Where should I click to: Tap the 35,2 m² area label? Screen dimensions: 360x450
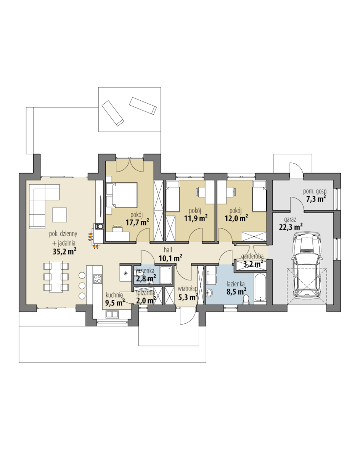64,251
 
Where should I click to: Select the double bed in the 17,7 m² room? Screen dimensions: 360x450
121,195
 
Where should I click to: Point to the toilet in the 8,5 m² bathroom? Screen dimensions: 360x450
246,300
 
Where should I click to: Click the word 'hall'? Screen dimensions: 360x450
168,250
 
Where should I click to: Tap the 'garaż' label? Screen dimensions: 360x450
290,220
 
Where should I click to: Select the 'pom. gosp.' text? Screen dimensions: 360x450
315,191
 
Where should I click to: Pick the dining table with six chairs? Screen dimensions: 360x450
56,276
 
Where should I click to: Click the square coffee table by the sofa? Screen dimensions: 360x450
59,215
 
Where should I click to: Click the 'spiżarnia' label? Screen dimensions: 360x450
145,293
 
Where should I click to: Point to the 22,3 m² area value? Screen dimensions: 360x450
291,227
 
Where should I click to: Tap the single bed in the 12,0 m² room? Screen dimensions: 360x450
259,196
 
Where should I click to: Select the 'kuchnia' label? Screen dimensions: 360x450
114,295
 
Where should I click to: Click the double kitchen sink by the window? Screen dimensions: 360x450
113,315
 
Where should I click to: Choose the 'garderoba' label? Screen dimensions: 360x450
252,256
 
